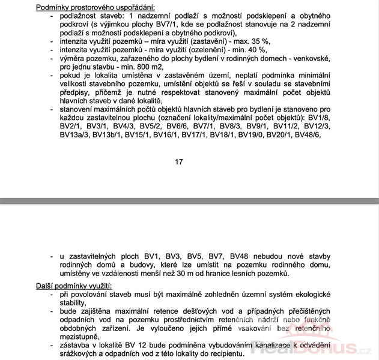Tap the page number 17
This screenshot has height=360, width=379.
tap(179, 161)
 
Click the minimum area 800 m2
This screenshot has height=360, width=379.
tap(143, 67)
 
